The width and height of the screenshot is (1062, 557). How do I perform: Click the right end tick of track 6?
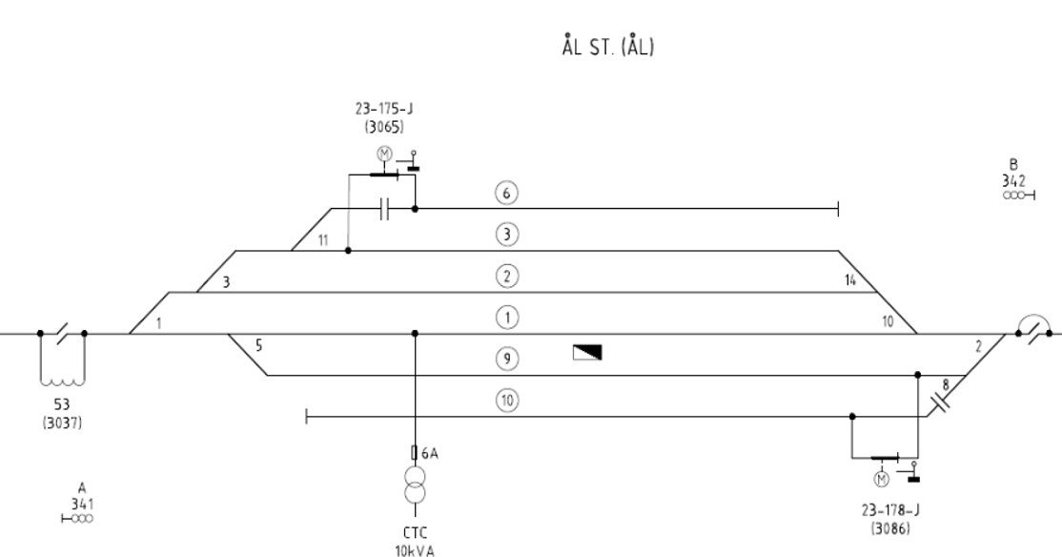[839, 209]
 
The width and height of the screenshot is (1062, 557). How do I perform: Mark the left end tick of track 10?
[307, 417]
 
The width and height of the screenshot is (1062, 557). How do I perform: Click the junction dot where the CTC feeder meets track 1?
[416, 334]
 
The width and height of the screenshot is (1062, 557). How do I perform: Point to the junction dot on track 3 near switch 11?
[348, 251]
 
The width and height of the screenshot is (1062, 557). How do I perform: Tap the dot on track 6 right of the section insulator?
[416, 209]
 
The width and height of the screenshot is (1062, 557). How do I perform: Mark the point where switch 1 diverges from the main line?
[130, 334]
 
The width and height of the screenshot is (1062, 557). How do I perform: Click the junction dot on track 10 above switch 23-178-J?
[852, 417]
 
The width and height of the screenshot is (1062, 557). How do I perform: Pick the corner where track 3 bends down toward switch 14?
[839, 251]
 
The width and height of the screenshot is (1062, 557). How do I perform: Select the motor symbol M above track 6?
[384, 155]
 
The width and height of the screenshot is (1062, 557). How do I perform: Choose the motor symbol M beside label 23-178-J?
[881, 480]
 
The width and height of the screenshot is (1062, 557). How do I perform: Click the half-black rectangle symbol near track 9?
[587, 352]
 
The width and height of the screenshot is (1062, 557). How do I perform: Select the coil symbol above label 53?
[62, 380]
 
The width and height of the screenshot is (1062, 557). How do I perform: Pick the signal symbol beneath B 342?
[1019, 196]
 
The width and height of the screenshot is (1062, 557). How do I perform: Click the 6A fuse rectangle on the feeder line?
[415, 453]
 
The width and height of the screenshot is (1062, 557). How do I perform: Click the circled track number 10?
[507, 401]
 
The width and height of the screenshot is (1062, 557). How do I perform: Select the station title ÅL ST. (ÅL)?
[607, 46]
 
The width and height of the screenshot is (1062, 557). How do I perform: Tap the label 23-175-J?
[384, 109]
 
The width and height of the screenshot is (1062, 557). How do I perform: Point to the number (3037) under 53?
[62, 423]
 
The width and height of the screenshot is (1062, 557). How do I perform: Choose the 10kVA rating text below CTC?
[415, 550]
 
